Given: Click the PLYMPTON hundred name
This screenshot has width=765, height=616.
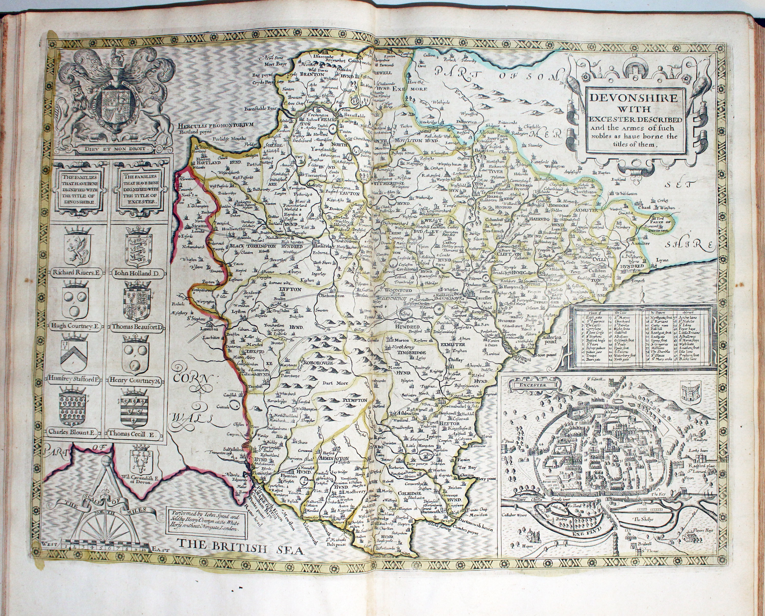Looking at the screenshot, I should point(355,400).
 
